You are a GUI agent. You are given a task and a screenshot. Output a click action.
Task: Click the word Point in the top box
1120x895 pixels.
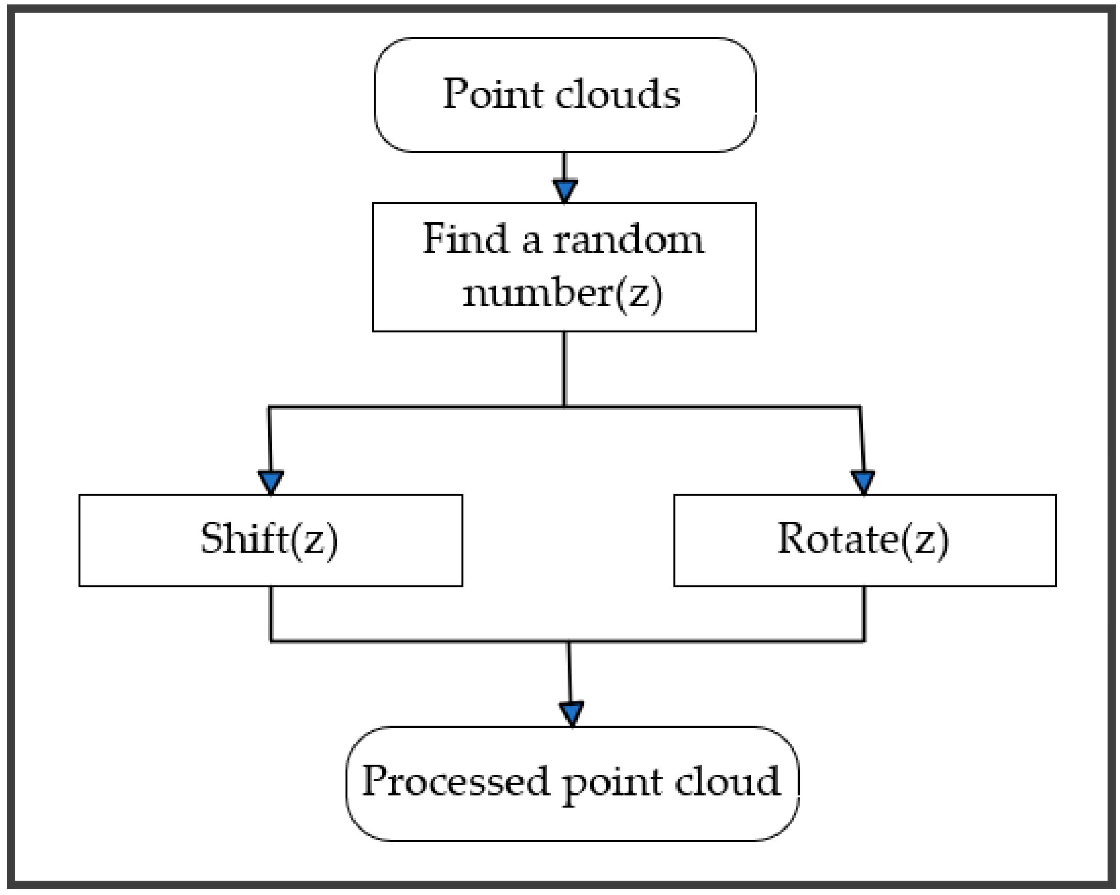pyautogui.click(x=492, y=94)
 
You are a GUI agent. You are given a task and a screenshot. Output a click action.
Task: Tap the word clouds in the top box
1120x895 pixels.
pyautogui.click(x=618, y=94)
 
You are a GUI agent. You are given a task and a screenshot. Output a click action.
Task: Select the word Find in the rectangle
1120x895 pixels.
pyautogui.click(x=465, y=239)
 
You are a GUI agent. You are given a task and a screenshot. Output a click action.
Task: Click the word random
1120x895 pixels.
pyautogui.click(x=629, y=240)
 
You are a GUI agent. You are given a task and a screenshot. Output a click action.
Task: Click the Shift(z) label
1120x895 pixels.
pyautogui.click(x=269, y=539)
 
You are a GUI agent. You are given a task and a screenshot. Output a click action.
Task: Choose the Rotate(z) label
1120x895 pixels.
pyautogui.click(x=862, y=539)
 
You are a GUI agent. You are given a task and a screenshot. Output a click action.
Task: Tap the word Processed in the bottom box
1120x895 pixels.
pyautogui.click(x=456, y=781)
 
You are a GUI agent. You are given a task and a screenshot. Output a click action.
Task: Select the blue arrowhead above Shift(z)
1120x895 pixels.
pyautogui.click(x=271, y=481)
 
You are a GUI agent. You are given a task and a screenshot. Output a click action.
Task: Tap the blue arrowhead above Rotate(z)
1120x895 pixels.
pyautogui.click(x=863, y=481)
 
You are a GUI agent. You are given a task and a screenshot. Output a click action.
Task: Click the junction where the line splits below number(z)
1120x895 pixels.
pyautogui.click(x=564, y=406)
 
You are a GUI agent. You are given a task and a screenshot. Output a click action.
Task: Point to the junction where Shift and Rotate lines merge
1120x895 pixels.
pyautogui.click(x=569, y=641)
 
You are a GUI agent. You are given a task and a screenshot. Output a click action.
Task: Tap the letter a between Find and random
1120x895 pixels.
pyautogui.click(x=531, y=242)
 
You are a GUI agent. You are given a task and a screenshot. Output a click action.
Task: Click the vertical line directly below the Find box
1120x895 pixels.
pyautogui.click(x=564, y=366)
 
